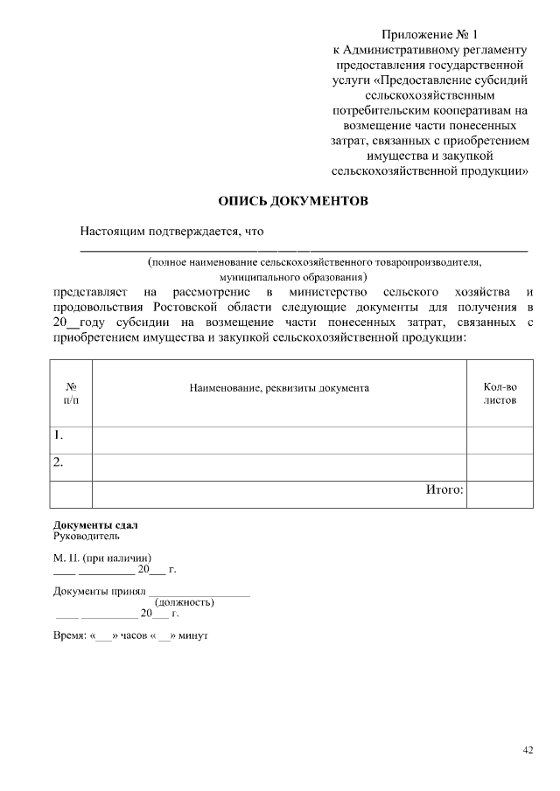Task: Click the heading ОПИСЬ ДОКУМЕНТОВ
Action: point(293,202)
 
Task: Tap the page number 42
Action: point(528,749)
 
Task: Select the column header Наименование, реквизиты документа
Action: point(279,387)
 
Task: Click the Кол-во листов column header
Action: point(500,393)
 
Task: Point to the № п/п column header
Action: point(71,393)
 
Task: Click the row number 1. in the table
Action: point(59,435)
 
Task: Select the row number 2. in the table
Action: point(59,462)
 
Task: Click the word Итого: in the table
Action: point(444,489)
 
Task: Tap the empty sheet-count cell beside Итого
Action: point(500,494)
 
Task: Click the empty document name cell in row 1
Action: point(279,440)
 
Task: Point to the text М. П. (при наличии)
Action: point(102,558)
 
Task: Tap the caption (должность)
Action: point(185,602)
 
